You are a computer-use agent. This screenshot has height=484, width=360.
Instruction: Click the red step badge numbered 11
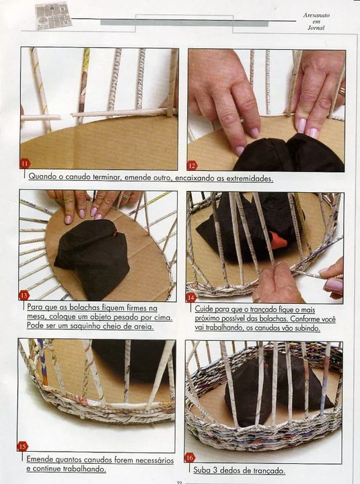(x=25, y=163)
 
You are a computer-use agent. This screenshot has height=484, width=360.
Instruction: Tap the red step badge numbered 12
(x=192, y=166)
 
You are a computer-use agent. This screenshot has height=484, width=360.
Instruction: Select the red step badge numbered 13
(x=24, y=295)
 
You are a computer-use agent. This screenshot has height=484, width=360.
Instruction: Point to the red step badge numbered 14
(x=191, y=298)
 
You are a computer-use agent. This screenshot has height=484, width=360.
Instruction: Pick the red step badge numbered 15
(x=22, y=446)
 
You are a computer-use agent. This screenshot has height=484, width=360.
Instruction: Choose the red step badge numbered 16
(x=190, y=458)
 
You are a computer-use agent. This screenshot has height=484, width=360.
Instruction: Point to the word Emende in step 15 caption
(x=40, y=459)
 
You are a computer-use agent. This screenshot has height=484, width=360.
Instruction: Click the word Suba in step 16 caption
(x=201, y=470)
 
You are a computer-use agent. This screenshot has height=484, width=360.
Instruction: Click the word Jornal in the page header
(x=316, y=28)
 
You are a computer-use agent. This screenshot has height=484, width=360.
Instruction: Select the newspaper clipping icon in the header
(x=53, y=15)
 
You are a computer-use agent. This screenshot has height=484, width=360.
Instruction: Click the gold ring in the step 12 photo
(x=341, y=91)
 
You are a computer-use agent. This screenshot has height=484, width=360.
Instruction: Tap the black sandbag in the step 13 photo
(x=92, y=258)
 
